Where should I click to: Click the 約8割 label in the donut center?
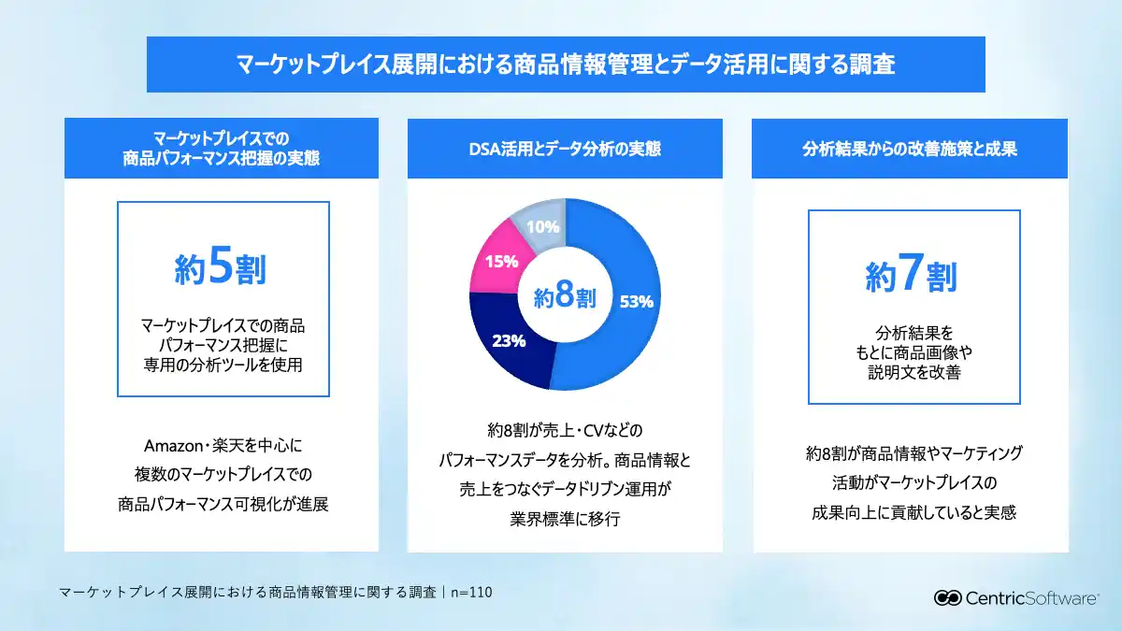(565, 297)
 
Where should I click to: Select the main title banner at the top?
(566, 65)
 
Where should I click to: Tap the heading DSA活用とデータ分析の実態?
(565, 149)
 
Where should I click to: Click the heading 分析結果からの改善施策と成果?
(911, 149)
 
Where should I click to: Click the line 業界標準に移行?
(565, 520)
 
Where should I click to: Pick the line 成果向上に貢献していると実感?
(913, 512)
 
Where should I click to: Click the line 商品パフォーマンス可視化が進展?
(222, 505)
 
